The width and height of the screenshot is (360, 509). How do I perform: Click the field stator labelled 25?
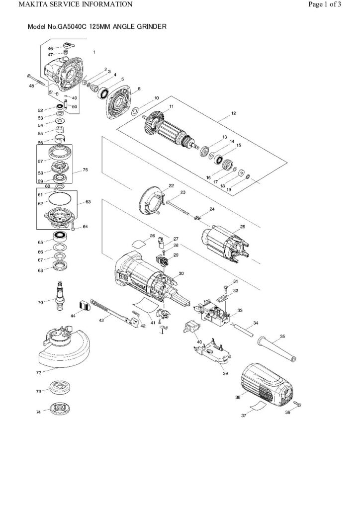[x=226, y=244]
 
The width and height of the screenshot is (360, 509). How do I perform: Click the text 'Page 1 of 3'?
[x=325, y=5]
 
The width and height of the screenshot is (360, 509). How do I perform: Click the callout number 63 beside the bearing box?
[x=89, y=202]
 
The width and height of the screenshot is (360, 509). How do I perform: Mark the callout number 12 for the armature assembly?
[x=233, y=114]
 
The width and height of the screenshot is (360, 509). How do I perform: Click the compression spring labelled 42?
[x=136, y=314]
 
